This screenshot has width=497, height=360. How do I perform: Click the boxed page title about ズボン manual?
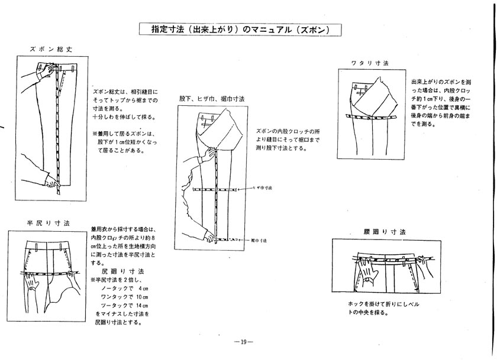click(x=241, y=29)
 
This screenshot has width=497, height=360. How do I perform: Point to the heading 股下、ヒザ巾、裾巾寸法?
click(x=211, y=99)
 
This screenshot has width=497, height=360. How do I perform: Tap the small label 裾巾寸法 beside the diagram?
click(x=259, y=241)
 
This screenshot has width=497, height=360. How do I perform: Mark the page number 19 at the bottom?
click(x=244, y=341)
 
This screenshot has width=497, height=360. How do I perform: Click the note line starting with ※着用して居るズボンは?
click(x=122, y=133)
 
